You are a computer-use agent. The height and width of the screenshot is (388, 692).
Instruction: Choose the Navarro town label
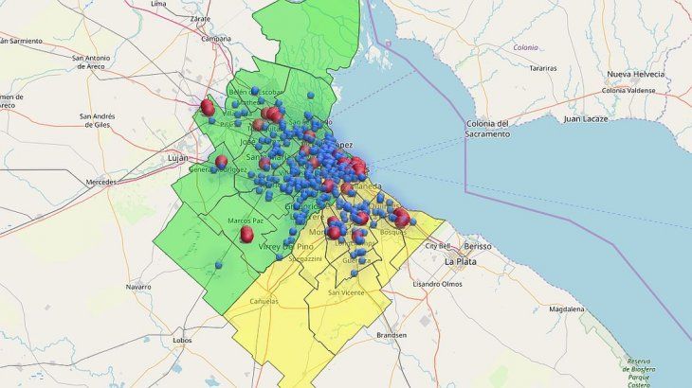tap(138, 286)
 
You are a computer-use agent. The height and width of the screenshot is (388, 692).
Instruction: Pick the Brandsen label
tap(392, 335)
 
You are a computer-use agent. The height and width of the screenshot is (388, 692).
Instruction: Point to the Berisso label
tap(477, 245)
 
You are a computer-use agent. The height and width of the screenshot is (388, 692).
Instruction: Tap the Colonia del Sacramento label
tap(501, 129)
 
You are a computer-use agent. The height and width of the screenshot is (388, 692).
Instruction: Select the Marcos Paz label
tap(244, 220)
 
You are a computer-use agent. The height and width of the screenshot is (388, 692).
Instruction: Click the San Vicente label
tap(345, 292)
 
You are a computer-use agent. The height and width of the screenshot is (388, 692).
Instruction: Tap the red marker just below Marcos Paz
tap(246, 234)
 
